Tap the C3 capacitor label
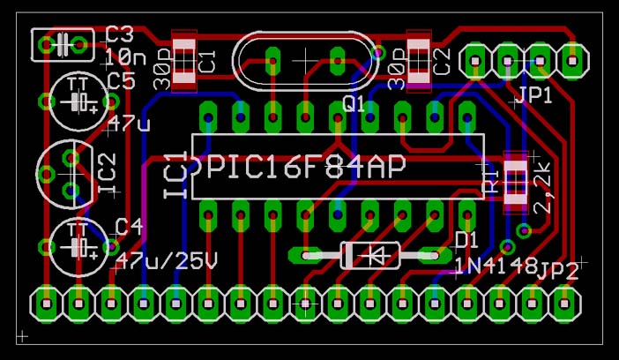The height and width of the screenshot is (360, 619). [119, 35]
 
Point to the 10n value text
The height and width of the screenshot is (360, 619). [125, 57]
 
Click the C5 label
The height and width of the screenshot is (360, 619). [121, 82]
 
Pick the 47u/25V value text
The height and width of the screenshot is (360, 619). [167, 261]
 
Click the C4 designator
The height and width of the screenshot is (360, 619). [129, 227]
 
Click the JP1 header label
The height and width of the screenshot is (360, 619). [534, 95]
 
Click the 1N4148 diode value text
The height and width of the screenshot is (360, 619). [496, 265]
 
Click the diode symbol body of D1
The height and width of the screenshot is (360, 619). [370, 256]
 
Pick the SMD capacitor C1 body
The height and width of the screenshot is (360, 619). [183, 61]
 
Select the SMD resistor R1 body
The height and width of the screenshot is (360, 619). [514, 184]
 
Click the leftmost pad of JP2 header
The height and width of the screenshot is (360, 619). [44, 304]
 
